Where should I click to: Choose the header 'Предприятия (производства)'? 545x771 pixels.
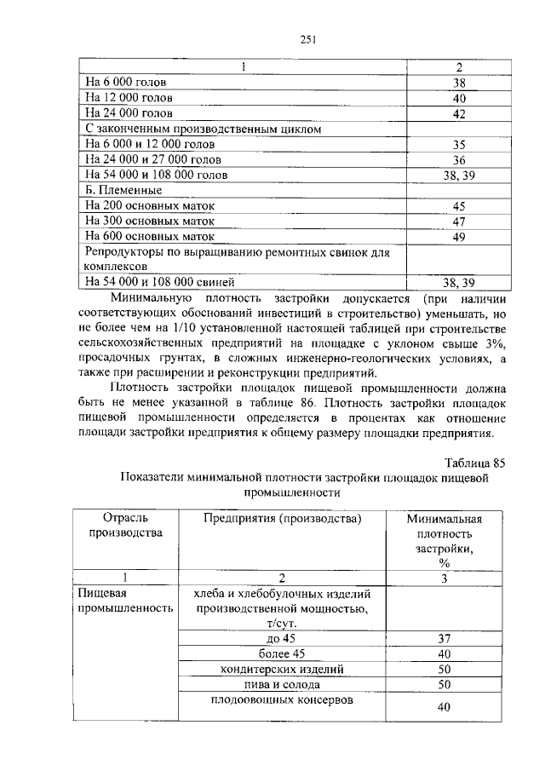click(x=282, y=518)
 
